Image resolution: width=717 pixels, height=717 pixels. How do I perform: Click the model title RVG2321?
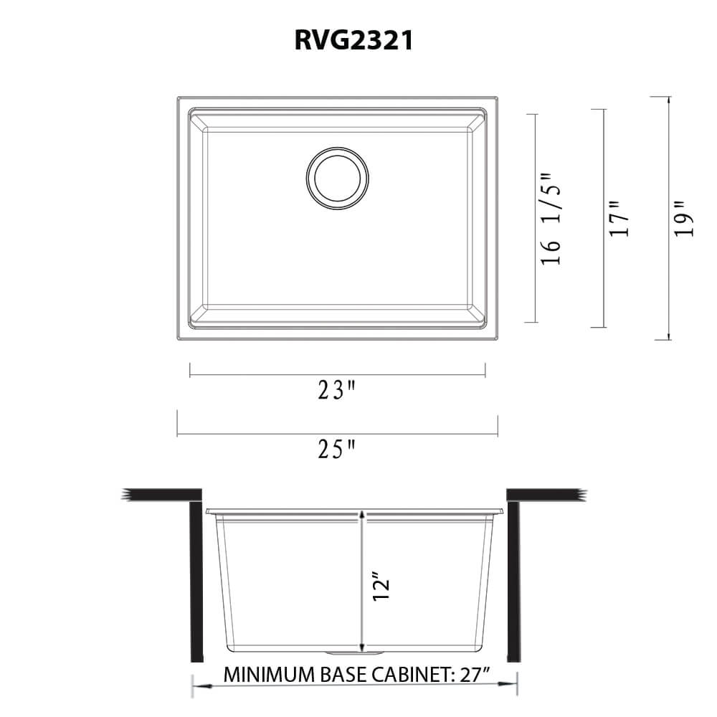pyautogui.click(x=353, y=41)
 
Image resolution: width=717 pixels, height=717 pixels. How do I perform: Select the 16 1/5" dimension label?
pyautogui.click(x=551, y=219)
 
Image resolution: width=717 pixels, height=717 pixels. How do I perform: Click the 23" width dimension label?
pyautogui.click(x=337, y=391)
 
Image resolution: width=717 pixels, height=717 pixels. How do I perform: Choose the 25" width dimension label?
pyautogui.click(x=337, y=450)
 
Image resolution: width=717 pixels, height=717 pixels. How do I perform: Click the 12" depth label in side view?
pyautogui.click(x=381, y=586)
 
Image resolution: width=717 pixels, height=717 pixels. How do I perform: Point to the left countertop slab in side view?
pyautogui.click(x=161, y=495)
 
